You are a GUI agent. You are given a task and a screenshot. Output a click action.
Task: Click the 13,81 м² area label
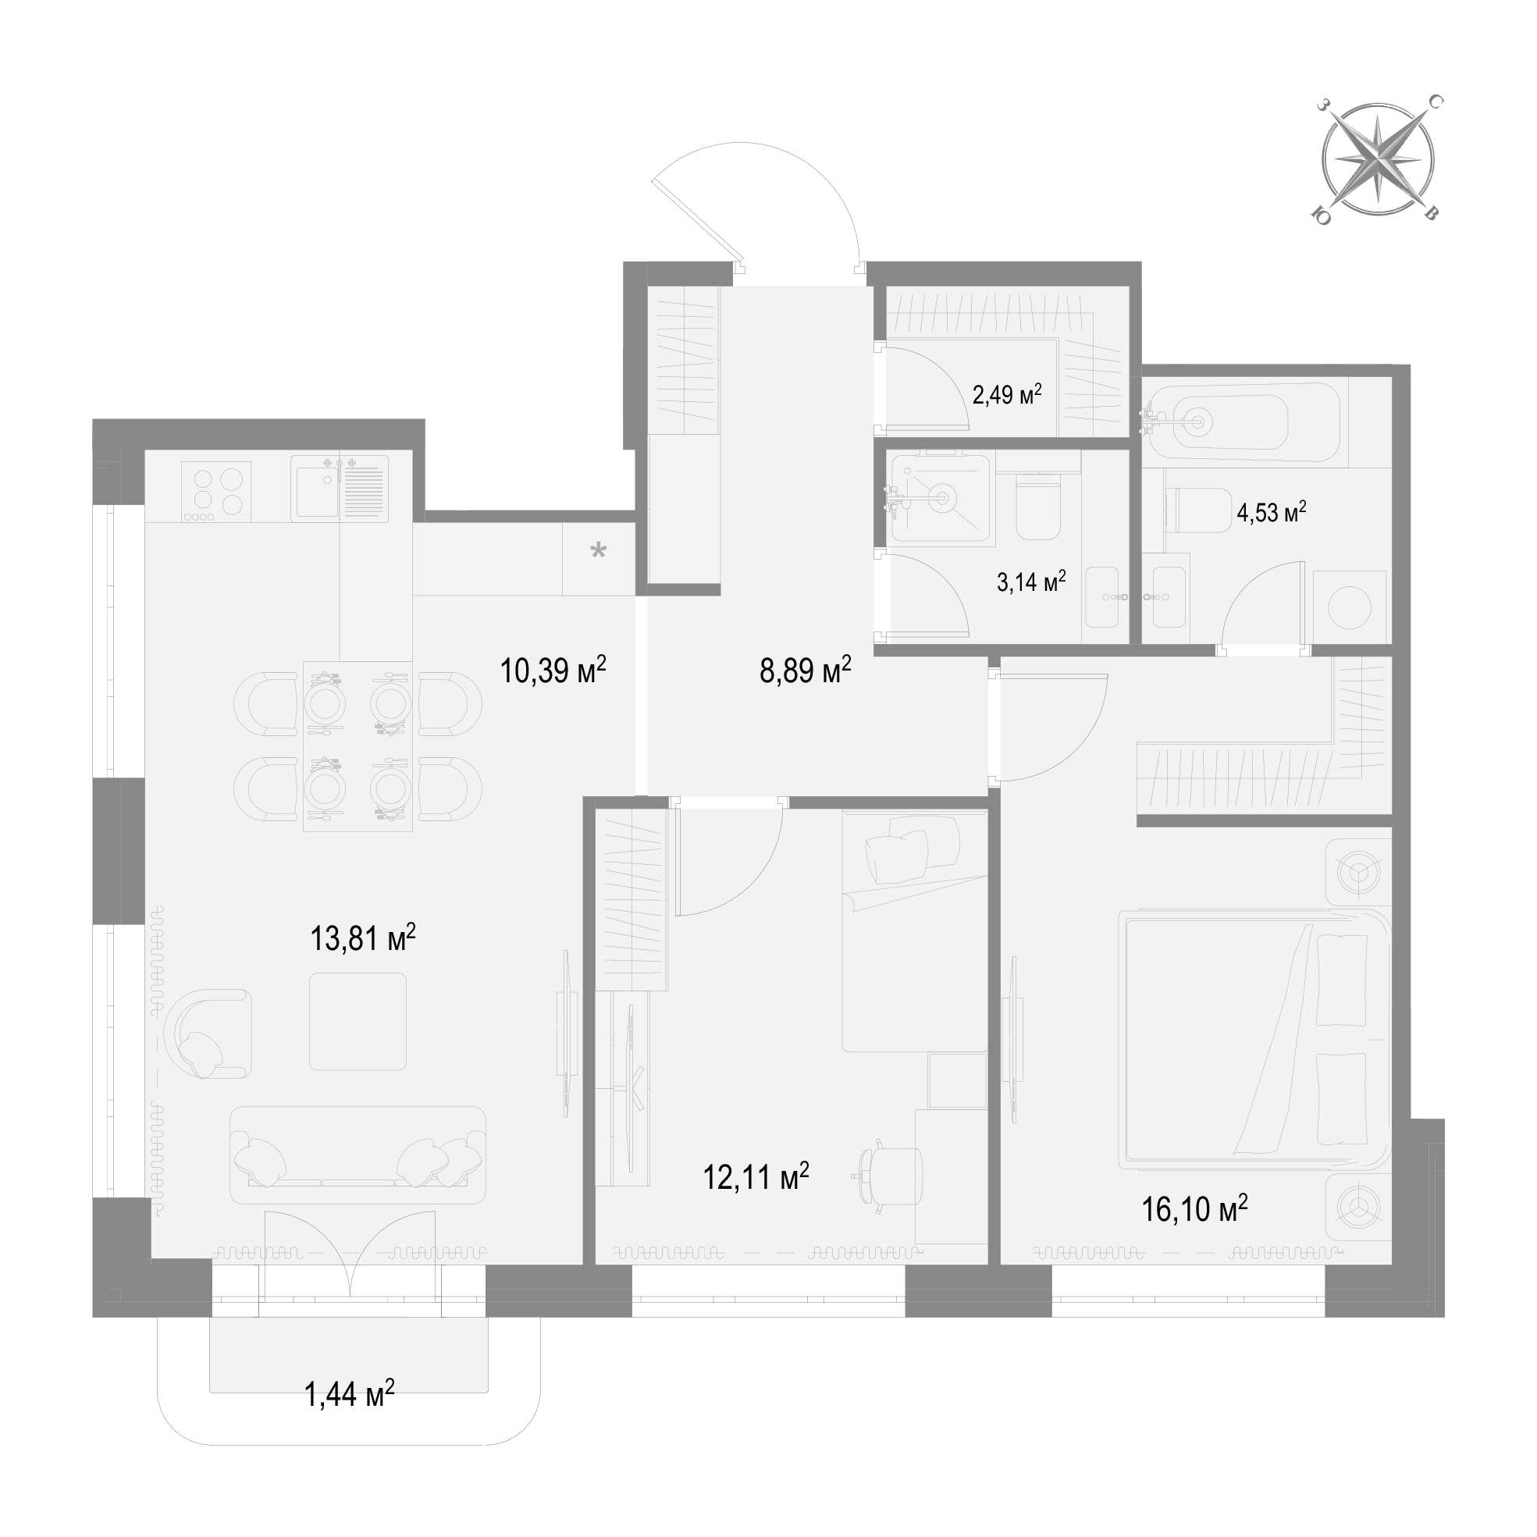363,938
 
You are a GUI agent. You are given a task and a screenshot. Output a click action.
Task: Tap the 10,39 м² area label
553,671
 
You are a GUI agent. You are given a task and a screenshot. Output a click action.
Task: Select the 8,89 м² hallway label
805,671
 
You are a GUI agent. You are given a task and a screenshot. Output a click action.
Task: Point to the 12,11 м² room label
756,1176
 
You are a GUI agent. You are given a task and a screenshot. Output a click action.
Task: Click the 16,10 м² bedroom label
1194,1208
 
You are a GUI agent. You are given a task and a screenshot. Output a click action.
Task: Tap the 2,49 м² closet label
1007,393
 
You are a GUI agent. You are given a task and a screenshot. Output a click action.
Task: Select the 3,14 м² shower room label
1032,582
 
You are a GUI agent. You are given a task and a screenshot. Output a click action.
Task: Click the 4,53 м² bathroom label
1272,511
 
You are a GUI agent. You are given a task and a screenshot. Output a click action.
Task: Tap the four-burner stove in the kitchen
216,492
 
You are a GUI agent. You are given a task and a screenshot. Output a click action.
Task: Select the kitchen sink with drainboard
340,489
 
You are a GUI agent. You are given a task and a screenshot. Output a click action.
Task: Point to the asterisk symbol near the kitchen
597,550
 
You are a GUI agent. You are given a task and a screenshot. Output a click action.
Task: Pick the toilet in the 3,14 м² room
1039,508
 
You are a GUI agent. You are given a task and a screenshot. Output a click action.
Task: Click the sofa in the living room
358,1155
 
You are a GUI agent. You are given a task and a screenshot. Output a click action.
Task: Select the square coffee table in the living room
358,1022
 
